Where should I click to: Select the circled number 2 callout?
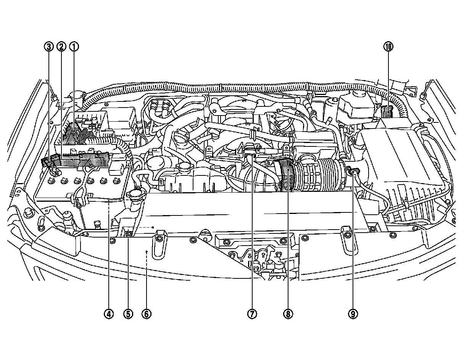point(61,47)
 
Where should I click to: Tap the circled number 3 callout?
point(48,47)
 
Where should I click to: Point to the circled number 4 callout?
point(109,314)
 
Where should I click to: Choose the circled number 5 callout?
point(128,314)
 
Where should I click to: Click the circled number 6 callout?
point(147,314)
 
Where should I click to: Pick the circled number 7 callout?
point(251,314)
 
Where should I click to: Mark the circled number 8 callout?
point(288,314)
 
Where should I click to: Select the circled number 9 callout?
point(353,314)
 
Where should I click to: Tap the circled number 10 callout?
point(388,47)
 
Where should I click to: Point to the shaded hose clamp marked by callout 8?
point(286,175)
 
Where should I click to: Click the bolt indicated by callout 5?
point(129,233)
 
